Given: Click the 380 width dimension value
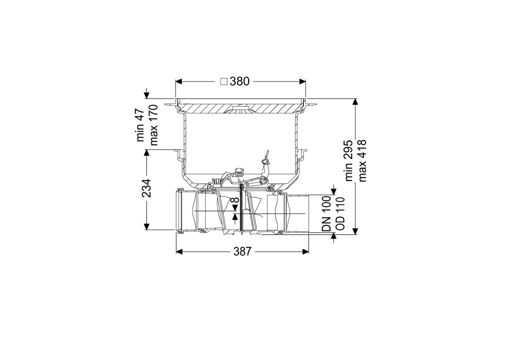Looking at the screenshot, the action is (x=240, y=82).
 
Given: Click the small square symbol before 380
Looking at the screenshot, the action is (x=224, y=82).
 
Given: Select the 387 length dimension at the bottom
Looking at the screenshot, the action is (x=243, y=252).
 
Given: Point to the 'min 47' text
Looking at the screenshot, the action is (x=140, y=125).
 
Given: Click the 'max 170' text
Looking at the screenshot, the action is (x=154, y=125).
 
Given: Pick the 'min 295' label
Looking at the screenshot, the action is (x=348, y=161).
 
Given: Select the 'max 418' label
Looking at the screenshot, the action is (x=362, y=161).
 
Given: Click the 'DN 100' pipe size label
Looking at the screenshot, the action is (x=326, y=214).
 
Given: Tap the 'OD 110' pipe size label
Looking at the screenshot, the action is (x=340, y=214).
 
